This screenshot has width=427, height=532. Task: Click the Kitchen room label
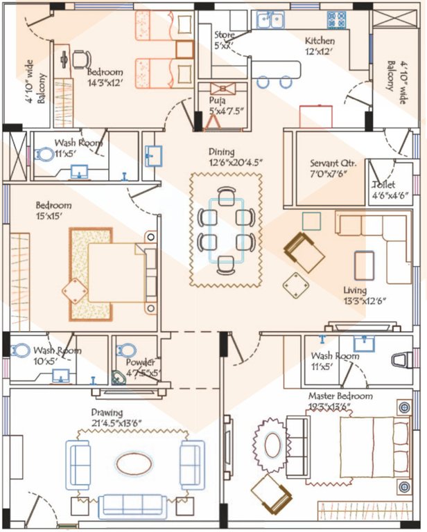(320, 41)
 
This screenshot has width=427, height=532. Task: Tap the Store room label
(224, 35)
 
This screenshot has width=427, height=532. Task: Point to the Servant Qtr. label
(333, 164)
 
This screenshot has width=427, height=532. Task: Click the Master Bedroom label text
(340, 396)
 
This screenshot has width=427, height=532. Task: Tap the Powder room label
(141, 363)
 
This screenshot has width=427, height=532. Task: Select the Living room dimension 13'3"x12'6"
(365, 301)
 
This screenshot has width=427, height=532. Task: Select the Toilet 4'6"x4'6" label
(383, 185)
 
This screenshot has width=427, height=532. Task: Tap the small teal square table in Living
(312, 221)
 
